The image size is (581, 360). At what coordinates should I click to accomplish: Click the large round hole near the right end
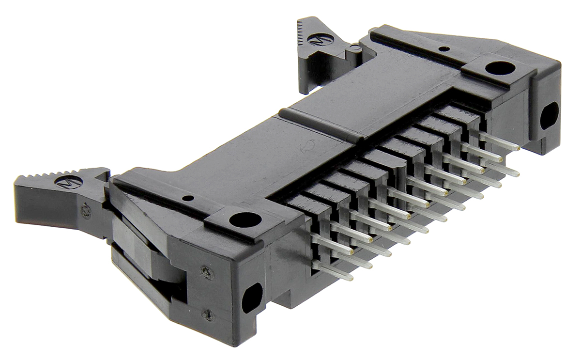500,68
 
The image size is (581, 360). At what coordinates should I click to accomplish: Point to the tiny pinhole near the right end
443,48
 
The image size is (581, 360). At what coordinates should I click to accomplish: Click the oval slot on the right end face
549,117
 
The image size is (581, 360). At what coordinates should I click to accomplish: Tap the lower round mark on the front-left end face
208,314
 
